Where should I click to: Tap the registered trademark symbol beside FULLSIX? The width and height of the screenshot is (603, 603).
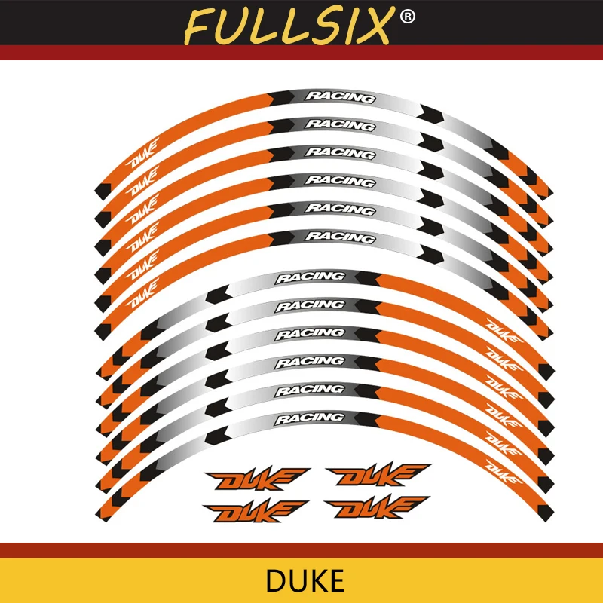[406, 16]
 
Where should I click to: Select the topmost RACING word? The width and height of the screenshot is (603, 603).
[339, 97]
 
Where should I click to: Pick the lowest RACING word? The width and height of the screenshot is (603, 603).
[309, 418]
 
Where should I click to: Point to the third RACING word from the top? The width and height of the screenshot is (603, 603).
[339, 153]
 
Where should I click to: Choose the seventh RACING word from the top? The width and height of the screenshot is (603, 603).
[309, 277]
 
